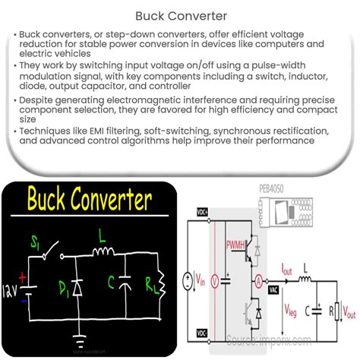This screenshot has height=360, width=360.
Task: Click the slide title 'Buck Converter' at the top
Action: point(179,14)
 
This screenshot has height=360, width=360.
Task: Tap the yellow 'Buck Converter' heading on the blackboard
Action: point(89,201)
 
